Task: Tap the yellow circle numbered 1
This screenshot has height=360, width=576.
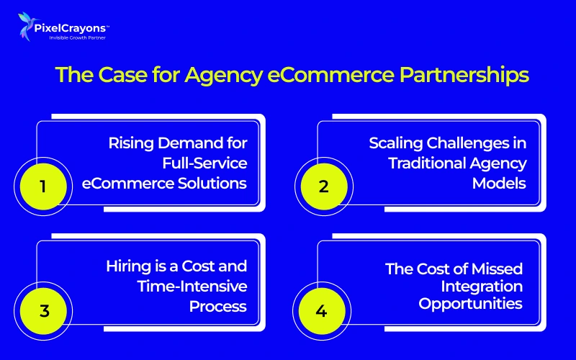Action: coord(42,186)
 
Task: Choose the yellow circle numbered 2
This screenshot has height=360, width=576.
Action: coord(323,186)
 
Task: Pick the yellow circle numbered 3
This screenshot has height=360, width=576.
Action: coord(42,312)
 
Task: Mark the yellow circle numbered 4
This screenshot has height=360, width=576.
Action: coord(323,312)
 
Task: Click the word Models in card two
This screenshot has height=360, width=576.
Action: coord(499,183)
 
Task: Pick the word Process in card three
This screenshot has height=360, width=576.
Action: coord(218,307)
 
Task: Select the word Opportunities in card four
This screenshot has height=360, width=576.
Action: coord(472,303)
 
